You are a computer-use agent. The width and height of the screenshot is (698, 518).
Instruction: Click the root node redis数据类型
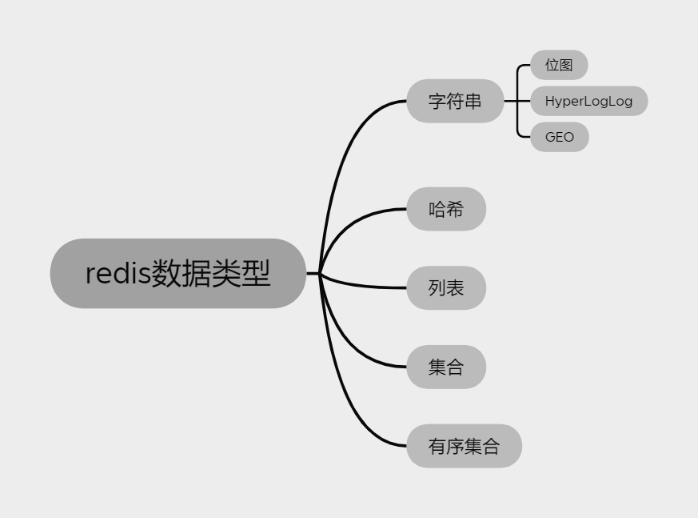tap(177, 273)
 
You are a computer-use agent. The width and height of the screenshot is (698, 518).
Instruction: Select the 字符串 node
tap(455, 102)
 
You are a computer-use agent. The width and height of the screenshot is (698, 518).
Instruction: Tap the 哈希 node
tap(445, 210)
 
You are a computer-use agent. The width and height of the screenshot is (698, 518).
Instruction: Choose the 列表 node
tap(445, 287)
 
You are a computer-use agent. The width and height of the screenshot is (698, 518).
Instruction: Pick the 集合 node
tap(445, 367)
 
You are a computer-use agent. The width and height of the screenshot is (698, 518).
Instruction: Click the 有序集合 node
tap(464, 446)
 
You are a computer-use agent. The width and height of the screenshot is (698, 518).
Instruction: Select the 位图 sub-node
tap(559, 66)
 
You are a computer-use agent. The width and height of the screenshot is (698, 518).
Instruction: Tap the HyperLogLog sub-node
tap(588, 102)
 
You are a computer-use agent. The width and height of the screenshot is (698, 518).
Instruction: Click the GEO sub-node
tap(559, 137)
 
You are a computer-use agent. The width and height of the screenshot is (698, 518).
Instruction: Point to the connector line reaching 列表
tap(368, 284)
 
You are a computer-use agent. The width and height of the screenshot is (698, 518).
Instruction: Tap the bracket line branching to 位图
tap(520, 76)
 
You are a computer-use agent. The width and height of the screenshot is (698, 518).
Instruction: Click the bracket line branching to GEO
tap(520, 128)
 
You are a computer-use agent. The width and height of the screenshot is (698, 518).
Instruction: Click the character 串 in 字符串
tap(473, 102)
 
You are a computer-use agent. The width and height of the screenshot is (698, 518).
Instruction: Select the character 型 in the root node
tap(257, 274)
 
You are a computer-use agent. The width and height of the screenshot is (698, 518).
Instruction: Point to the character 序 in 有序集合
tap(455, 446)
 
